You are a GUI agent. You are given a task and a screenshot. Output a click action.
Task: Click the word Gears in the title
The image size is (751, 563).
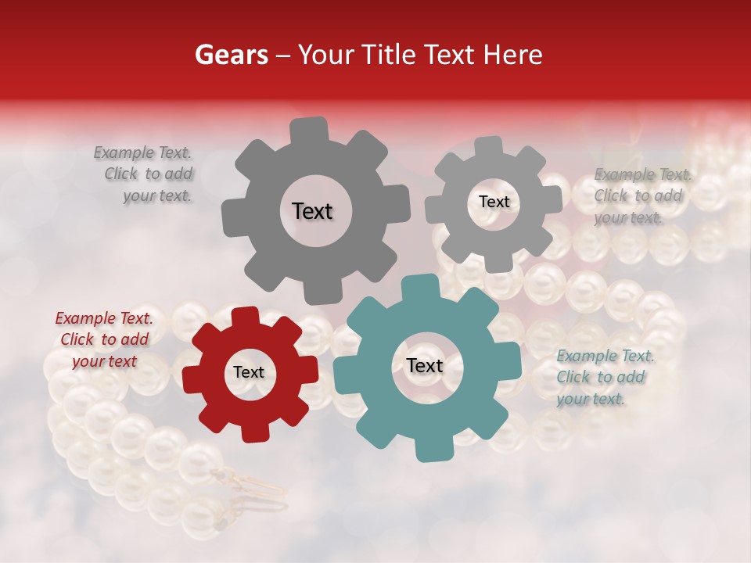click(x=232, y=55)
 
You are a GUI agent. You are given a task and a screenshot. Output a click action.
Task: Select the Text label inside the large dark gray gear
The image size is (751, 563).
click(x=312, y=211)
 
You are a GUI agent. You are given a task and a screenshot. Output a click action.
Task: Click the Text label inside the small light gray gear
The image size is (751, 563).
click(x=494, y=202)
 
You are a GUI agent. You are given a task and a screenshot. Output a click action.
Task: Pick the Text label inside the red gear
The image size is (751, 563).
click(x=249, y=373)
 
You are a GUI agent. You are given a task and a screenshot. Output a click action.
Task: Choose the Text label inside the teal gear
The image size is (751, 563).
click(x=425, y=365)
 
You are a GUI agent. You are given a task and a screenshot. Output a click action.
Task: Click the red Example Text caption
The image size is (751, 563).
click(x=104, y=340)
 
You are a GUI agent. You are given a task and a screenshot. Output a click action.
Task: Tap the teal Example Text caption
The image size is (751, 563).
click(x=605, y=378)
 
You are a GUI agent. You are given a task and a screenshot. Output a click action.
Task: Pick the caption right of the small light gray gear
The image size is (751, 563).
click(x=642, y=195)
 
